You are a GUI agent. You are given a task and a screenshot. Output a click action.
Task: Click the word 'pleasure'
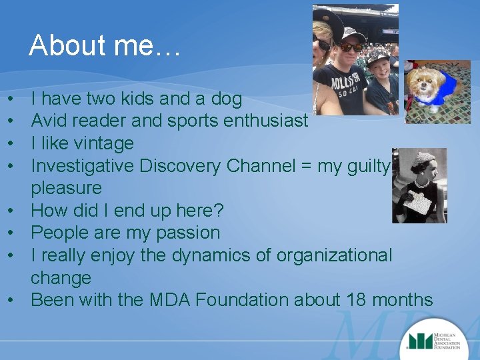(x=66, y=188)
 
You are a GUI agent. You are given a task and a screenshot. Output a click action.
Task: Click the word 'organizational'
(x=324, y=255)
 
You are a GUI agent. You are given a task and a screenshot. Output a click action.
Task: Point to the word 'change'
(x=61, y=277)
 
